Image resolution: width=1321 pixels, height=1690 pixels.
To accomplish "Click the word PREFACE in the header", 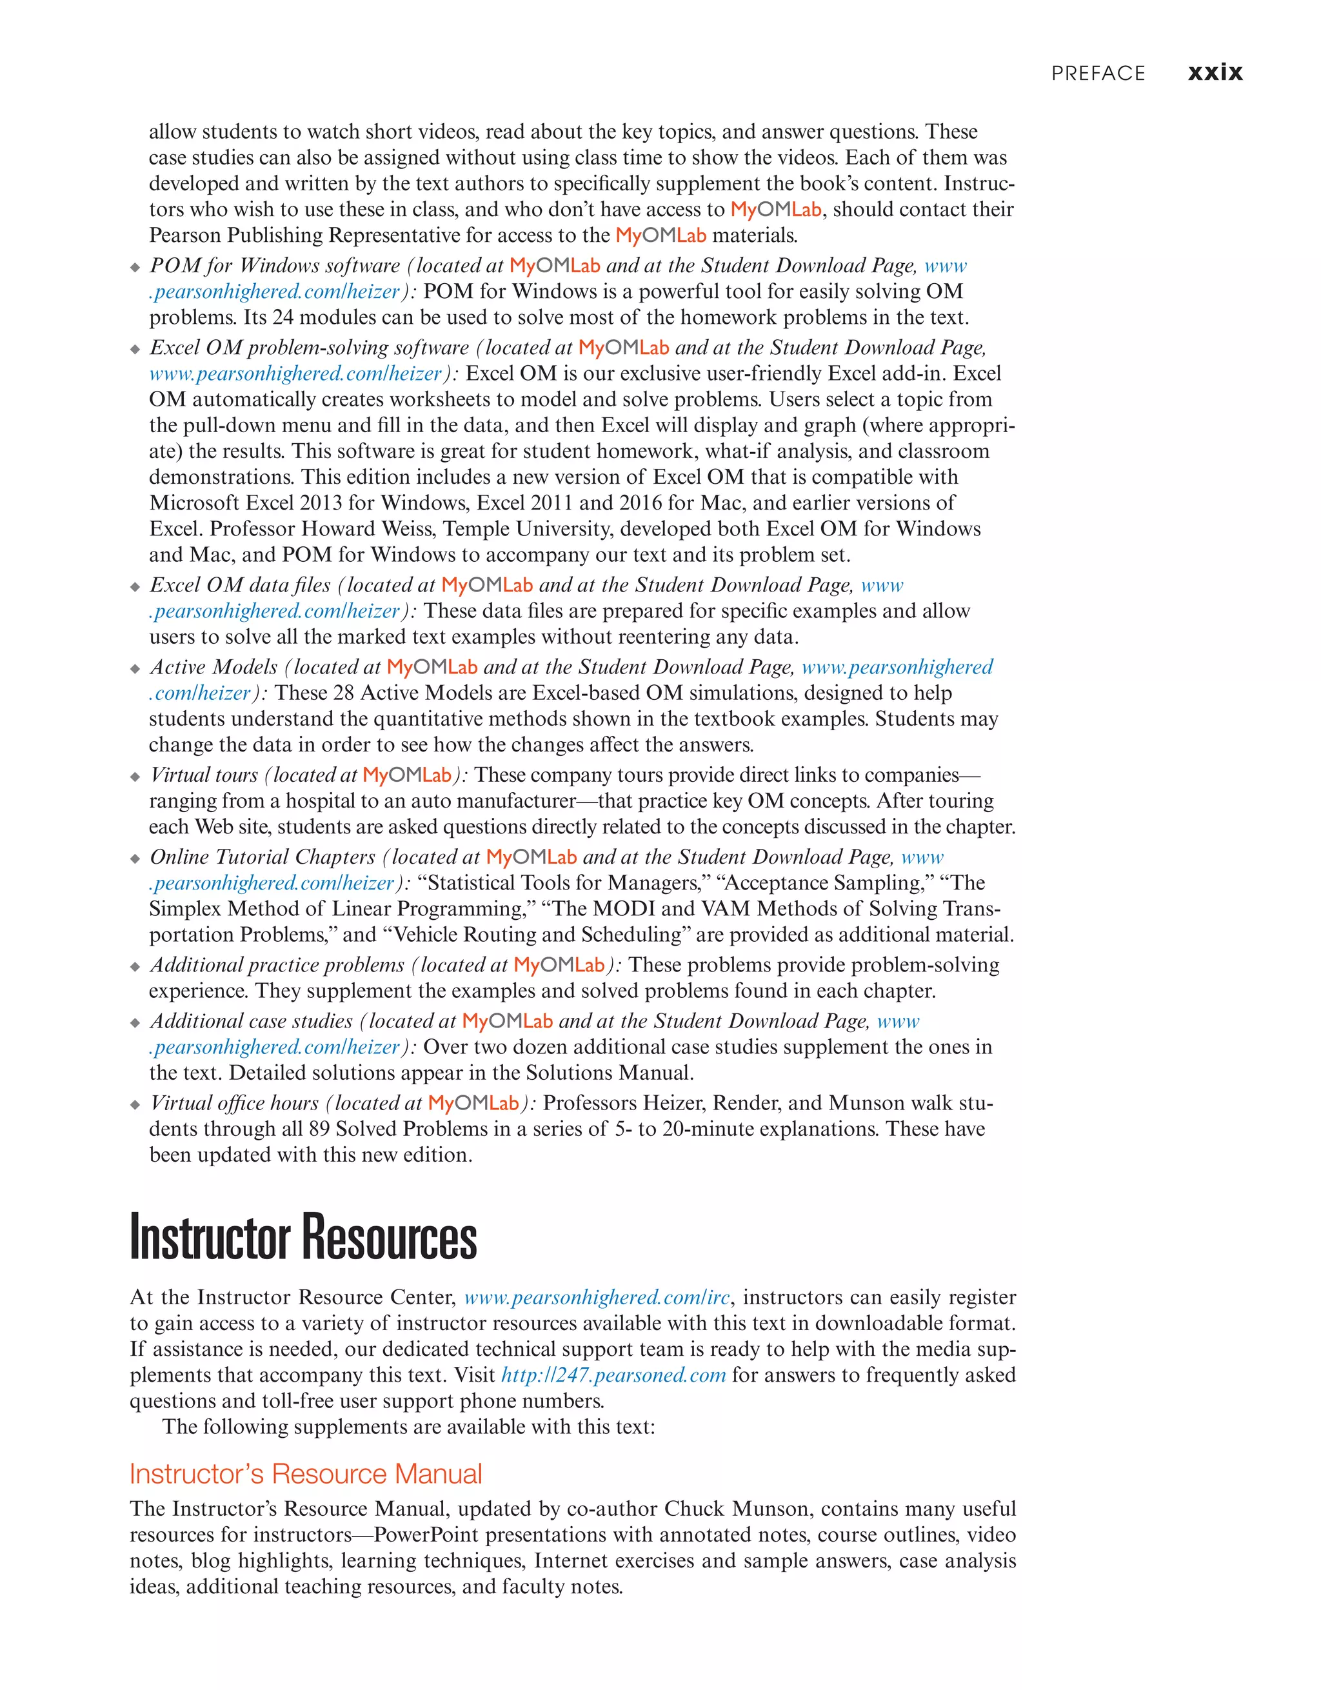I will point(1097,74).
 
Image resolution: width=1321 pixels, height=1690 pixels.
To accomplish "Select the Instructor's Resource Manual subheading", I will point(306,1474).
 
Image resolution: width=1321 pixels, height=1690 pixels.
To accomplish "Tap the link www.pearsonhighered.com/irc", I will point(597,1298).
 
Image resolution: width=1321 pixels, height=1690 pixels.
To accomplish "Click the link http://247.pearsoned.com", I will point(613,1375).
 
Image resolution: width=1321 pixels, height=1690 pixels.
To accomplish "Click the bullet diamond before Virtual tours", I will point(135,777).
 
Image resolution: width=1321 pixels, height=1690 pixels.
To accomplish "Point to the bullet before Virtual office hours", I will point(135,1105).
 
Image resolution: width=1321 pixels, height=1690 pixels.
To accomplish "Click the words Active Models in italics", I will point(214,667).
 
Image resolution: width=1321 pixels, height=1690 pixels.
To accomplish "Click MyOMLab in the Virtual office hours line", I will point(473,1104).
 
